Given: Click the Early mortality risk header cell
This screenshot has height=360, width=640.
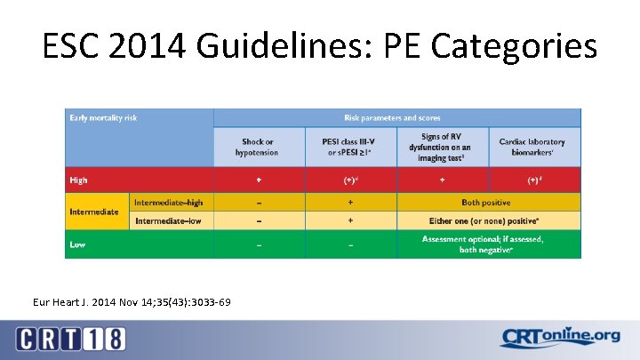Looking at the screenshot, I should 105,117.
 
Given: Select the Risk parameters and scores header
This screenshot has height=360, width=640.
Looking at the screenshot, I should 392,117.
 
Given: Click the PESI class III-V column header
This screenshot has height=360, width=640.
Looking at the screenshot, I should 349,147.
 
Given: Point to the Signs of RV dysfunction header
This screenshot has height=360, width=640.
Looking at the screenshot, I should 441,147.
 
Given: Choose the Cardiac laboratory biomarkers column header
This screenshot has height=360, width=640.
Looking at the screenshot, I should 532,147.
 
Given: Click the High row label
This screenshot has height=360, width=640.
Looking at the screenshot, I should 79,180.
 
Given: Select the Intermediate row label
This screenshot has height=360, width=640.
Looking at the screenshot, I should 94,212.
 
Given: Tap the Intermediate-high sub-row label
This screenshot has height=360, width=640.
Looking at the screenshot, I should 172,203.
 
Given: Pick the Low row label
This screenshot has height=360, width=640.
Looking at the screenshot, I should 78,244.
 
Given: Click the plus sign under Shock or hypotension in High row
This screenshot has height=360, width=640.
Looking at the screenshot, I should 260,180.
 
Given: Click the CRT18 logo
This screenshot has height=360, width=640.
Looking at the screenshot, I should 71,339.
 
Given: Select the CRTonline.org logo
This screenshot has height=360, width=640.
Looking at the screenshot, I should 560,338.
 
